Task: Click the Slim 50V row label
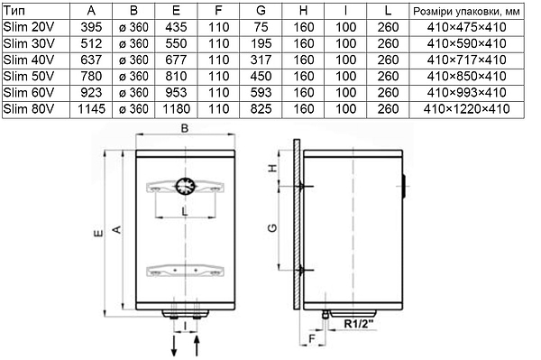tap(29, 77)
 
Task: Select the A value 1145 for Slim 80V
tap(91, 109)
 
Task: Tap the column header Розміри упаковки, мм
tap(466, 12)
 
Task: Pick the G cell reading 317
tap(261, 60)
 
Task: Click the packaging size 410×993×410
tap(466, 93)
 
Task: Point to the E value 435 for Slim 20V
tap(176, 27)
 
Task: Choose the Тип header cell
tap(14, 11)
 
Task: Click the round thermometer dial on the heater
tap(185, 187)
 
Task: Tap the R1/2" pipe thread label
tap(359, 324)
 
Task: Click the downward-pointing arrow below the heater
tap(174, 346)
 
